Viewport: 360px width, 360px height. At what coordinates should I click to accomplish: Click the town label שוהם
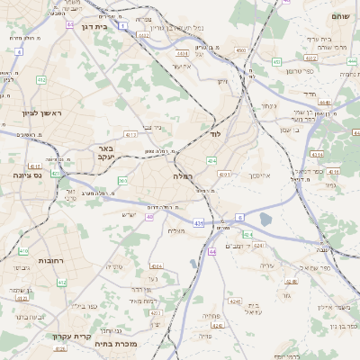pyautogui.click(x=339, y=16)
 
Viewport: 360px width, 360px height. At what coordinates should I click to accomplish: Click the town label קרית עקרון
pyautogui.click(x=70, y=337)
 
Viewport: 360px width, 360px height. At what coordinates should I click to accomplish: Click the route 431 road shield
pyautogui.click(x=198, y=221)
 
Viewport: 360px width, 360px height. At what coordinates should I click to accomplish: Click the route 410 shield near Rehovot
pyautogui.click(x=23, y=251)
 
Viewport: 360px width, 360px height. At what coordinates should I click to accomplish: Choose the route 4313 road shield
pyautogui.click(x=131, y=135)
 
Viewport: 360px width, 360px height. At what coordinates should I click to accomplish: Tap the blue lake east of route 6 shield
pyautogui.click(x=265, y=218)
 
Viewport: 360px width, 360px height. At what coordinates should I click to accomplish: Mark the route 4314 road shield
pyautogui.click(x=156, y=266)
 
